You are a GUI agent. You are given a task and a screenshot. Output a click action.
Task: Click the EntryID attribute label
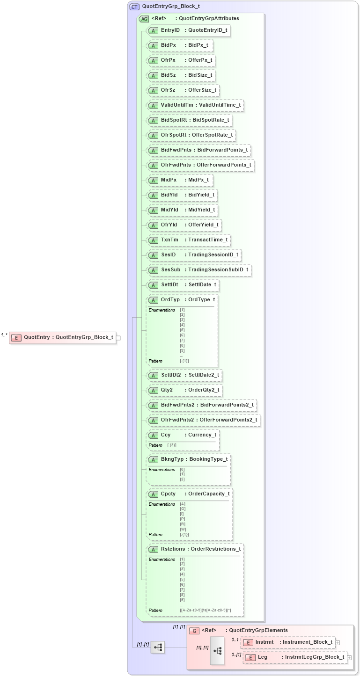(x=170, y=30)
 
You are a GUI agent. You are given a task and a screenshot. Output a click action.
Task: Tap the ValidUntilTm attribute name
(x=177, y=105)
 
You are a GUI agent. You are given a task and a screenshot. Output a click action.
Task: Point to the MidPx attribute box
(x=180, y=180)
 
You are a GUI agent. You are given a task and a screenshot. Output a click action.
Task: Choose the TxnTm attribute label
(x=169, y=240)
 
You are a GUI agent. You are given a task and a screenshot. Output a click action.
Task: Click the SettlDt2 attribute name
(x=171, y=375)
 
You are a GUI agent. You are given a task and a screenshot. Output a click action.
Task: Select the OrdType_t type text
(x=201, y=300)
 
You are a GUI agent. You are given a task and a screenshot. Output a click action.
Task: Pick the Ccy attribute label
(x=166, y=435)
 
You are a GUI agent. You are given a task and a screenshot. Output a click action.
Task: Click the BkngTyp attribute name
(x=172, y=459)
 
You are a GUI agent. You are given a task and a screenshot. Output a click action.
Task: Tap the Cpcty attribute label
(x=168, y=494)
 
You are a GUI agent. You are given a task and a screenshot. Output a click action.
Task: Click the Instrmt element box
(x=288, y=642)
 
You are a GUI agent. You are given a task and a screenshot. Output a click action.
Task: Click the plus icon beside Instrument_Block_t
(x=338, y=643)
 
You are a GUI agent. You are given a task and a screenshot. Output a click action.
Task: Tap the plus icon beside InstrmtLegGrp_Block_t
(x=349, y=658)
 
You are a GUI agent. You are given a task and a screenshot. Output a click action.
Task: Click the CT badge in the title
(x=134, y=7)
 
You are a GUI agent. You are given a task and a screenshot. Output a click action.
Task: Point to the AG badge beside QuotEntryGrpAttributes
(x=145, y=19)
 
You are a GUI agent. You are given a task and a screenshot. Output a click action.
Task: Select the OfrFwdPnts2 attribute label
(x=177, y=420)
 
